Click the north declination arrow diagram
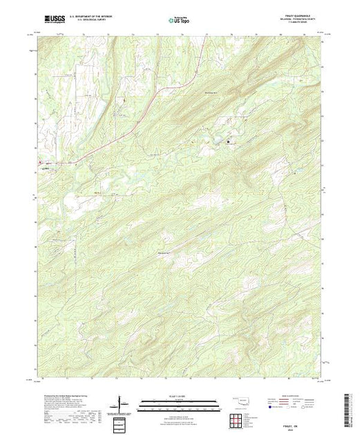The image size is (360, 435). pyautogui.click(x=122, y=403)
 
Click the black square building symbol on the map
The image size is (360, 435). pyautogui.click(x=229, y=141)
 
